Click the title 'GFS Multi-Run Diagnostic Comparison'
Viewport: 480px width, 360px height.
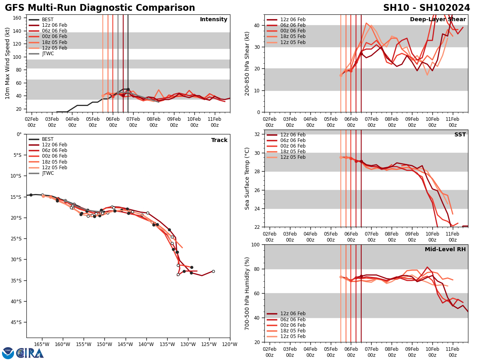pyautogui.click(x=100, y=8)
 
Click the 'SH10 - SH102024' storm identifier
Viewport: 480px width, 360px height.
pyautogui.click(x=426, y=8)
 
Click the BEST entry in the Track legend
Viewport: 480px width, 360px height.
pyautogui.click(x=48, y=140)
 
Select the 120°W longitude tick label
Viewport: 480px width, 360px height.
pyautogui.click(x=230, y=344)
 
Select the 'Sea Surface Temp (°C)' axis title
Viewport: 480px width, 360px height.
pyautogui.click(x=248, y=178)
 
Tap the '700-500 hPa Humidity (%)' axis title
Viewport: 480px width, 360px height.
pyautogui.click(x=248, y=293)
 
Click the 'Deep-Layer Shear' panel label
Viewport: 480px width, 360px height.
pyautogui.click(x=438, y=20)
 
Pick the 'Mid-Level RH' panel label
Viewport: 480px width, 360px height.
pyautogui.click(x=445, y=250)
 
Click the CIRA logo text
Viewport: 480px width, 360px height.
pyautogui.click(x=30, y=353)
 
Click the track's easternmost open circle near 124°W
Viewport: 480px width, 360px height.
pyautogui.click(x=213, y=271)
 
